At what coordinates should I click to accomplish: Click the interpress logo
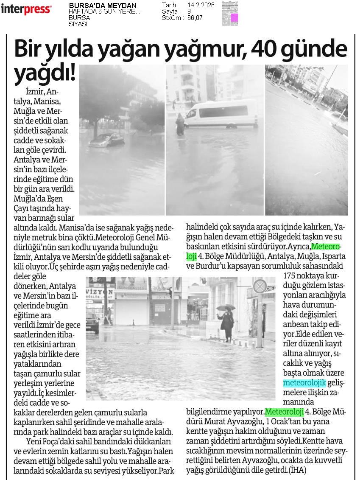click(26, 9)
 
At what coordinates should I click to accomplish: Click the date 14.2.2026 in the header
click(201, 5)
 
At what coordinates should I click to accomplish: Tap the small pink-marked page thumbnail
click(230, 13)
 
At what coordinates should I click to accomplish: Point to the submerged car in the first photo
click(106, 140)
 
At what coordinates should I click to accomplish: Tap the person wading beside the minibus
click(180, 124)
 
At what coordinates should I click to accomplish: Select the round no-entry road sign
click(260, 286)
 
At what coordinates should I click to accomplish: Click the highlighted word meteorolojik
click(304, 383)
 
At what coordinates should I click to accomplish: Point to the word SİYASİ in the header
click(78, 24)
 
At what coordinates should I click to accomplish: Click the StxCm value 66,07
click(196, 18)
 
